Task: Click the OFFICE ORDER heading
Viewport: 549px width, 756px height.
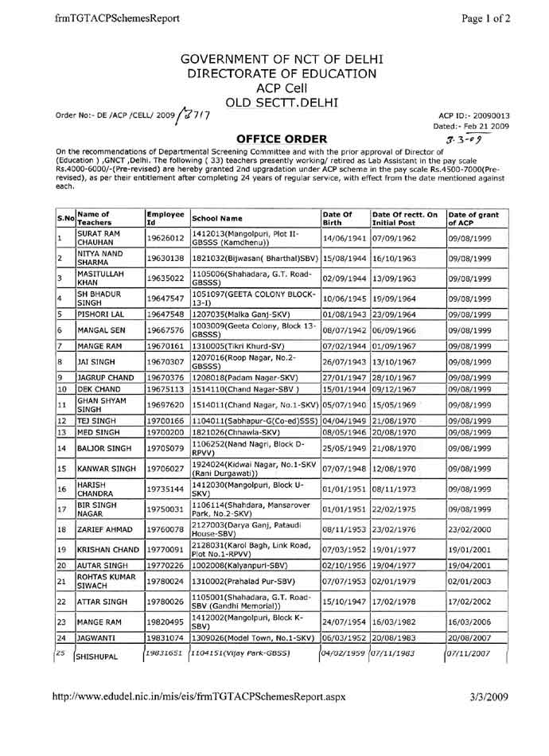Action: click(x=274, y=140)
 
